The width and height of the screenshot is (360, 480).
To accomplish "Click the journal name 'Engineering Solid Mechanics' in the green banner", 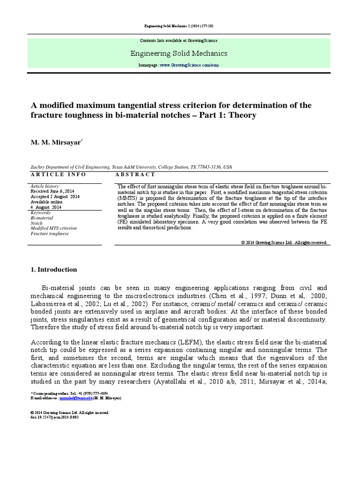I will point(180,53).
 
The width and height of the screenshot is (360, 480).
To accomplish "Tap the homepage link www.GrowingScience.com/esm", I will point(189,66).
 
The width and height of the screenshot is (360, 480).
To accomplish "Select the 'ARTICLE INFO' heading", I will point(58,174).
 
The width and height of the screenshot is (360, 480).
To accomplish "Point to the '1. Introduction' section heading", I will point(53,270).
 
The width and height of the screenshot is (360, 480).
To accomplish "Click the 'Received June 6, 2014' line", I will point(52,191).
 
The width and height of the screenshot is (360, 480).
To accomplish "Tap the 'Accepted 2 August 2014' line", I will point(55,197).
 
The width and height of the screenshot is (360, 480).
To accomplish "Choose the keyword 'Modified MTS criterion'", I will point(53,228).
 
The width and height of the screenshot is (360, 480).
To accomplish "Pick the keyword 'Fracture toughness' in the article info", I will point(49,233).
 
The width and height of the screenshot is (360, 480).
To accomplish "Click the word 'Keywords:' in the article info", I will point(41,213).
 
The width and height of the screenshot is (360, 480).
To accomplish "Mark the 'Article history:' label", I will point(45,186).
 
